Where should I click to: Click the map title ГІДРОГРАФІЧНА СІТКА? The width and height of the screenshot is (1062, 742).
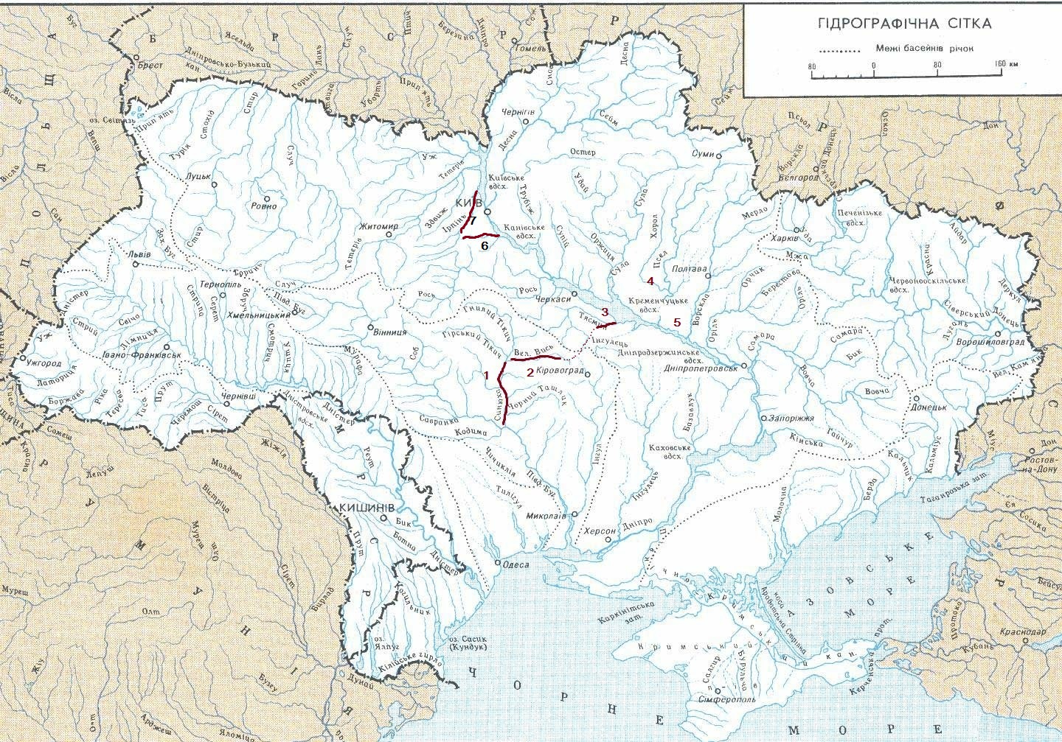pos(904,24)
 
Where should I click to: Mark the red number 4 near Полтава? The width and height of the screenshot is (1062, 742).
pos(650,281)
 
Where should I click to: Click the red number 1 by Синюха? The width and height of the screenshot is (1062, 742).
pos(486,374)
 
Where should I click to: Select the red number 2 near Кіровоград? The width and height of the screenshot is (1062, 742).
pos(530,371)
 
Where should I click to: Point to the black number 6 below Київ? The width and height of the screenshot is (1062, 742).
pos(485,245)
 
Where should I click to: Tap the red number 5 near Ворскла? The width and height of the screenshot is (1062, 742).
pos(677,322)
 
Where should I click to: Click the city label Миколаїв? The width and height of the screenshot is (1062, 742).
pos(546,517)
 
